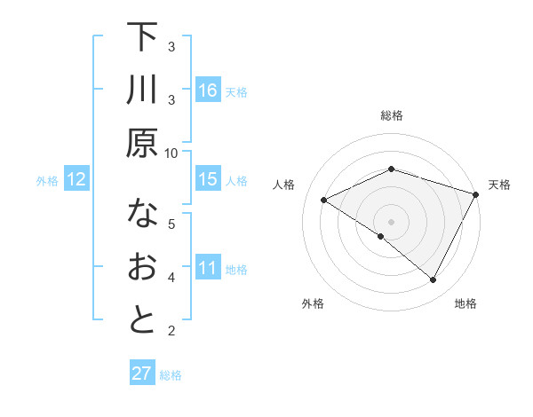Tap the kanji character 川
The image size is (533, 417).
tap(142, 90)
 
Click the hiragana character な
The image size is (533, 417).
tap(142, 214)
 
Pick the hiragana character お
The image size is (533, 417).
tap(142, 268)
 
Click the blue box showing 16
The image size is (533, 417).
tap(208, 90)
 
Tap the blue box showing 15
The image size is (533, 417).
tap(208, 179)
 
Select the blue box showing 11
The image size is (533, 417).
tap(208, 268)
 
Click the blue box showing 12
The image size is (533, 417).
tap(76, 179)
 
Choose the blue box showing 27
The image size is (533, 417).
tap(142, 374)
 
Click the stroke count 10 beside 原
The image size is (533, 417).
tap(171, 152)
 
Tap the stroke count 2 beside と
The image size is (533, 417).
tap(171, 331)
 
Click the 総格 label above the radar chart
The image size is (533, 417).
tap(391, 115)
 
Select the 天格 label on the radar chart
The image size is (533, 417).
tap(499, 185)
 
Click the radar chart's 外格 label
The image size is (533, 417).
tap(313, 303)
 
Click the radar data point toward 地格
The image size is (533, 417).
tap(434, 280)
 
